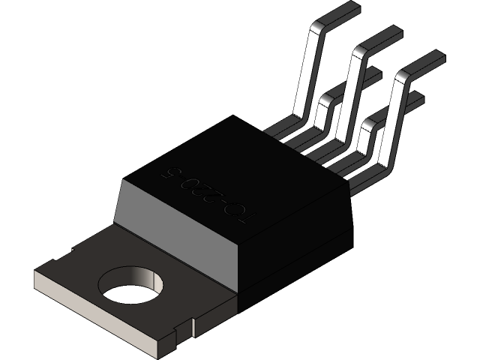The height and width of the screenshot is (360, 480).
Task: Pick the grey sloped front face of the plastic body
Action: pos(175,225)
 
